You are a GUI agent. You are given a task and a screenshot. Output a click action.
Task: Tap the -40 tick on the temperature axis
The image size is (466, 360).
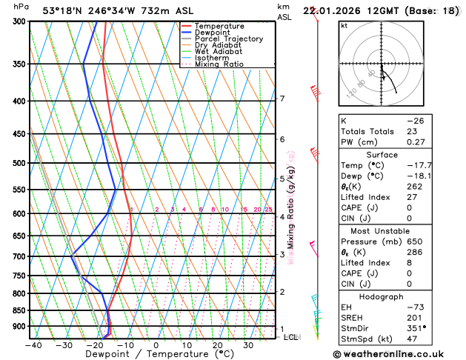[33, 344]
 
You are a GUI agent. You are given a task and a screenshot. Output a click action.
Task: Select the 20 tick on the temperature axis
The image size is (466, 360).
[217, 344]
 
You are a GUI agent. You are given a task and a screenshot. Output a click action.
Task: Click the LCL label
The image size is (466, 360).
[291, 337]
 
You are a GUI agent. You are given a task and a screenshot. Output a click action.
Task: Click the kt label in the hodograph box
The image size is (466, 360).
[344, 25]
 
